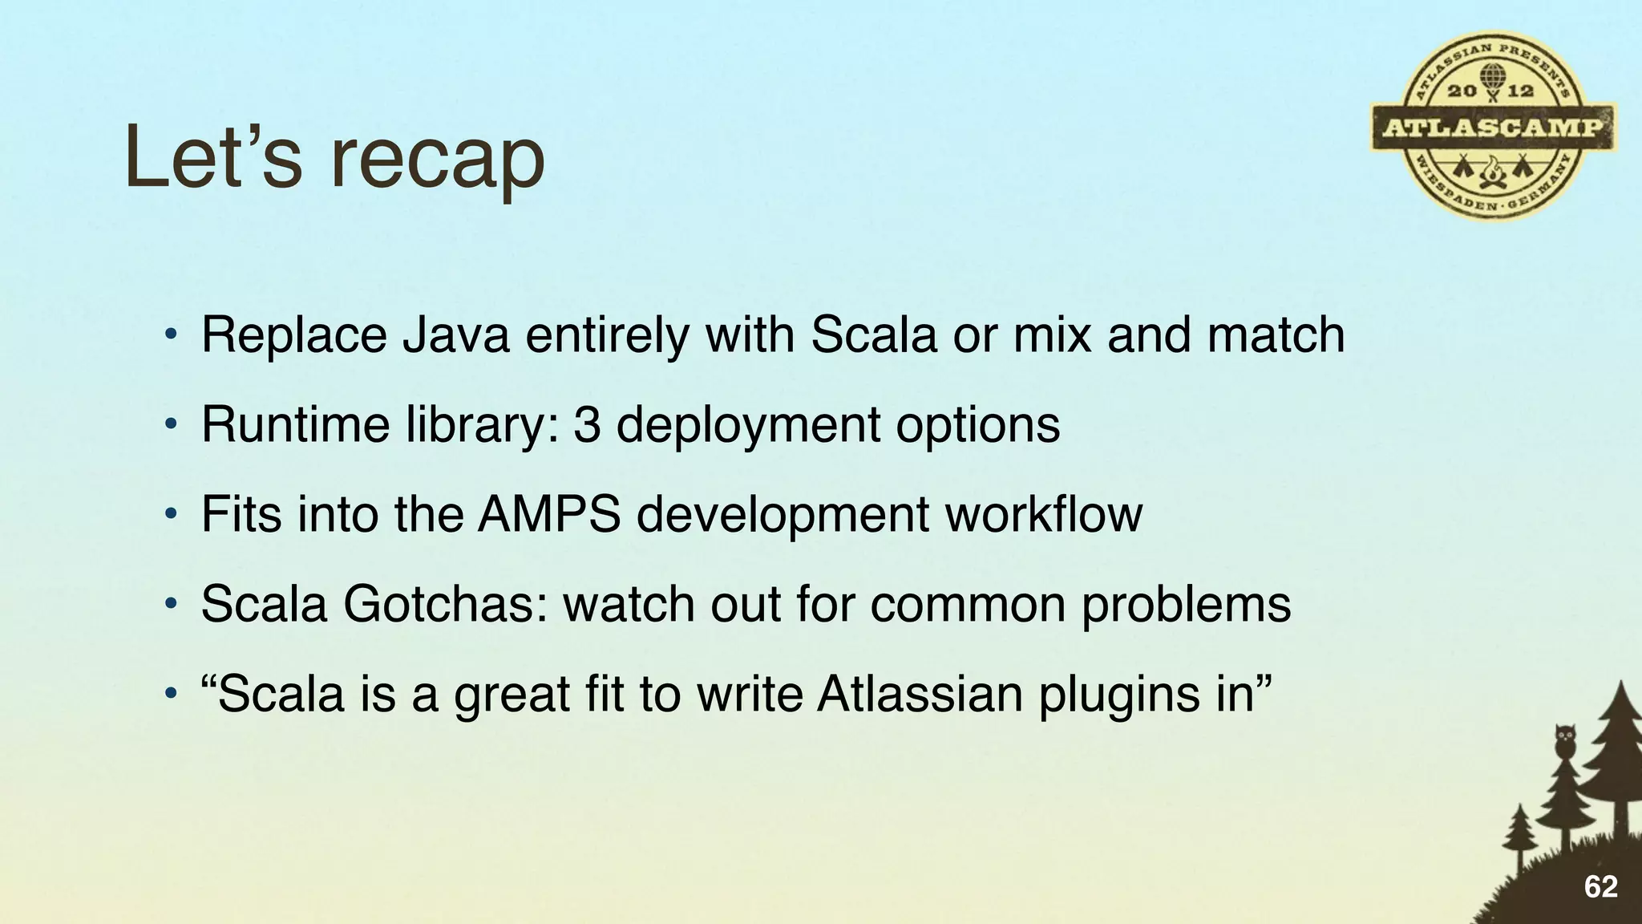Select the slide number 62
(x=1600, y=887)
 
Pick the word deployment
(x=747, y=425)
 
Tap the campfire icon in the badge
(x=1492, y=171)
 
